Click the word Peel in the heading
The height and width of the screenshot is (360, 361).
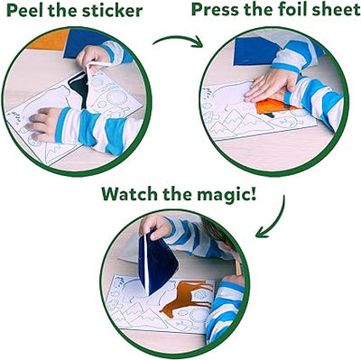pos(29,11)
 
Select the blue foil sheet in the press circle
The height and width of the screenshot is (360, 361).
pos(254,50)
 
